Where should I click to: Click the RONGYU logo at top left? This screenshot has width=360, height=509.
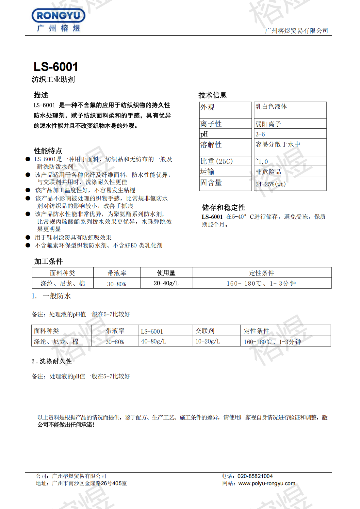58,20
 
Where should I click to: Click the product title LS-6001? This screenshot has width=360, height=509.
56,67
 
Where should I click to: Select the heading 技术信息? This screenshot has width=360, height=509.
212,95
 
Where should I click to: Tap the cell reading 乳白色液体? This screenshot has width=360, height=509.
271,107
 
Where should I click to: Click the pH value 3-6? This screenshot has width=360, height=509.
260,134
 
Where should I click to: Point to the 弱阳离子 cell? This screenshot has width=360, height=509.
268,124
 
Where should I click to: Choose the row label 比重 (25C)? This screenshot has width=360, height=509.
216,161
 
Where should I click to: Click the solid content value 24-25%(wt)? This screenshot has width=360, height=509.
270,184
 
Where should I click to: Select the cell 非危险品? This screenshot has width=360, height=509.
268,172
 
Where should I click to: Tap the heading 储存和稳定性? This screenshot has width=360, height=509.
223,208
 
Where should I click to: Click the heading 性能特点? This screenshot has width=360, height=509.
48,151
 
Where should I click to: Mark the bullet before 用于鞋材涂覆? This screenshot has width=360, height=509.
28,237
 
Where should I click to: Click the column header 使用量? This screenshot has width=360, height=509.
166,273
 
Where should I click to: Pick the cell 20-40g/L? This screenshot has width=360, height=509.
166,283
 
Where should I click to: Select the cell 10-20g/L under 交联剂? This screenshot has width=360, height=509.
208,342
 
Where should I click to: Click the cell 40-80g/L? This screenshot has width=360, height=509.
154,342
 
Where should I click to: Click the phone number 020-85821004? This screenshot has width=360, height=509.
255,476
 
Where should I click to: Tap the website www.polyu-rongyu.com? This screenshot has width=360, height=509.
267,484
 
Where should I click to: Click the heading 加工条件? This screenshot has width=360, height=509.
48,261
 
